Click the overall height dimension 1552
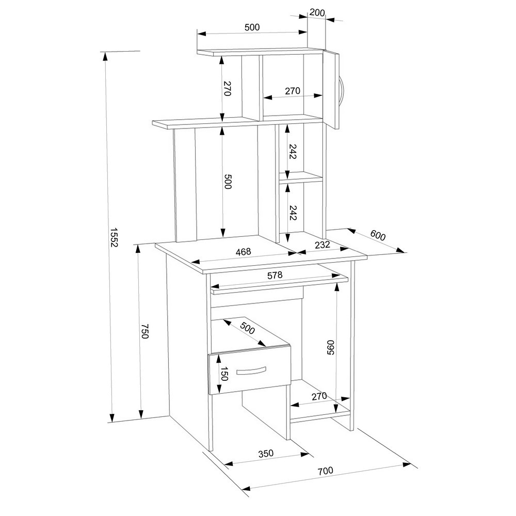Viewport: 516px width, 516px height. [114, 237]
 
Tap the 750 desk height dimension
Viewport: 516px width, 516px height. [145, 331]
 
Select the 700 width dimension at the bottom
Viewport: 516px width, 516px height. [326, 471]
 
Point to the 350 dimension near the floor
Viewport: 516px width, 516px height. [266, 454]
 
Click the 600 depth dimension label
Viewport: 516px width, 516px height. [378, 235]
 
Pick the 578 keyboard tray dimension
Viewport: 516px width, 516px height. [275, 275]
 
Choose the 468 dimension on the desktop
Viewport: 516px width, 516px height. [243, 252]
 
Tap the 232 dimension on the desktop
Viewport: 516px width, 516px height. [322, 245]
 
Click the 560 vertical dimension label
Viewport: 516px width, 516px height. [330, 347]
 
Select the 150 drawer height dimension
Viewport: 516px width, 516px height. [223, 374]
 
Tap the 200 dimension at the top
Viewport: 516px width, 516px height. [317, 13]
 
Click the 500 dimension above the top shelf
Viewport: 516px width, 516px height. [252, 27]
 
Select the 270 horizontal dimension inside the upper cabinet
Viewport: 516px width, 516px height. [293, 90]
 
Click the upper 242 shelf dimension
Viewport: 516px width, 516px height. [293, 151]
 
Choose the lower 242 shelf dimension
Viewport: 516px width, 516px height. [293, 213]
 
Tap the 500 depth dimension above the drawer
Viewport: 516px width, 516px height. [248, 328]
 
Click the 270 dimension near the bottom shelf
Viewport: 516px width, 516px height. [319, 396]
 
